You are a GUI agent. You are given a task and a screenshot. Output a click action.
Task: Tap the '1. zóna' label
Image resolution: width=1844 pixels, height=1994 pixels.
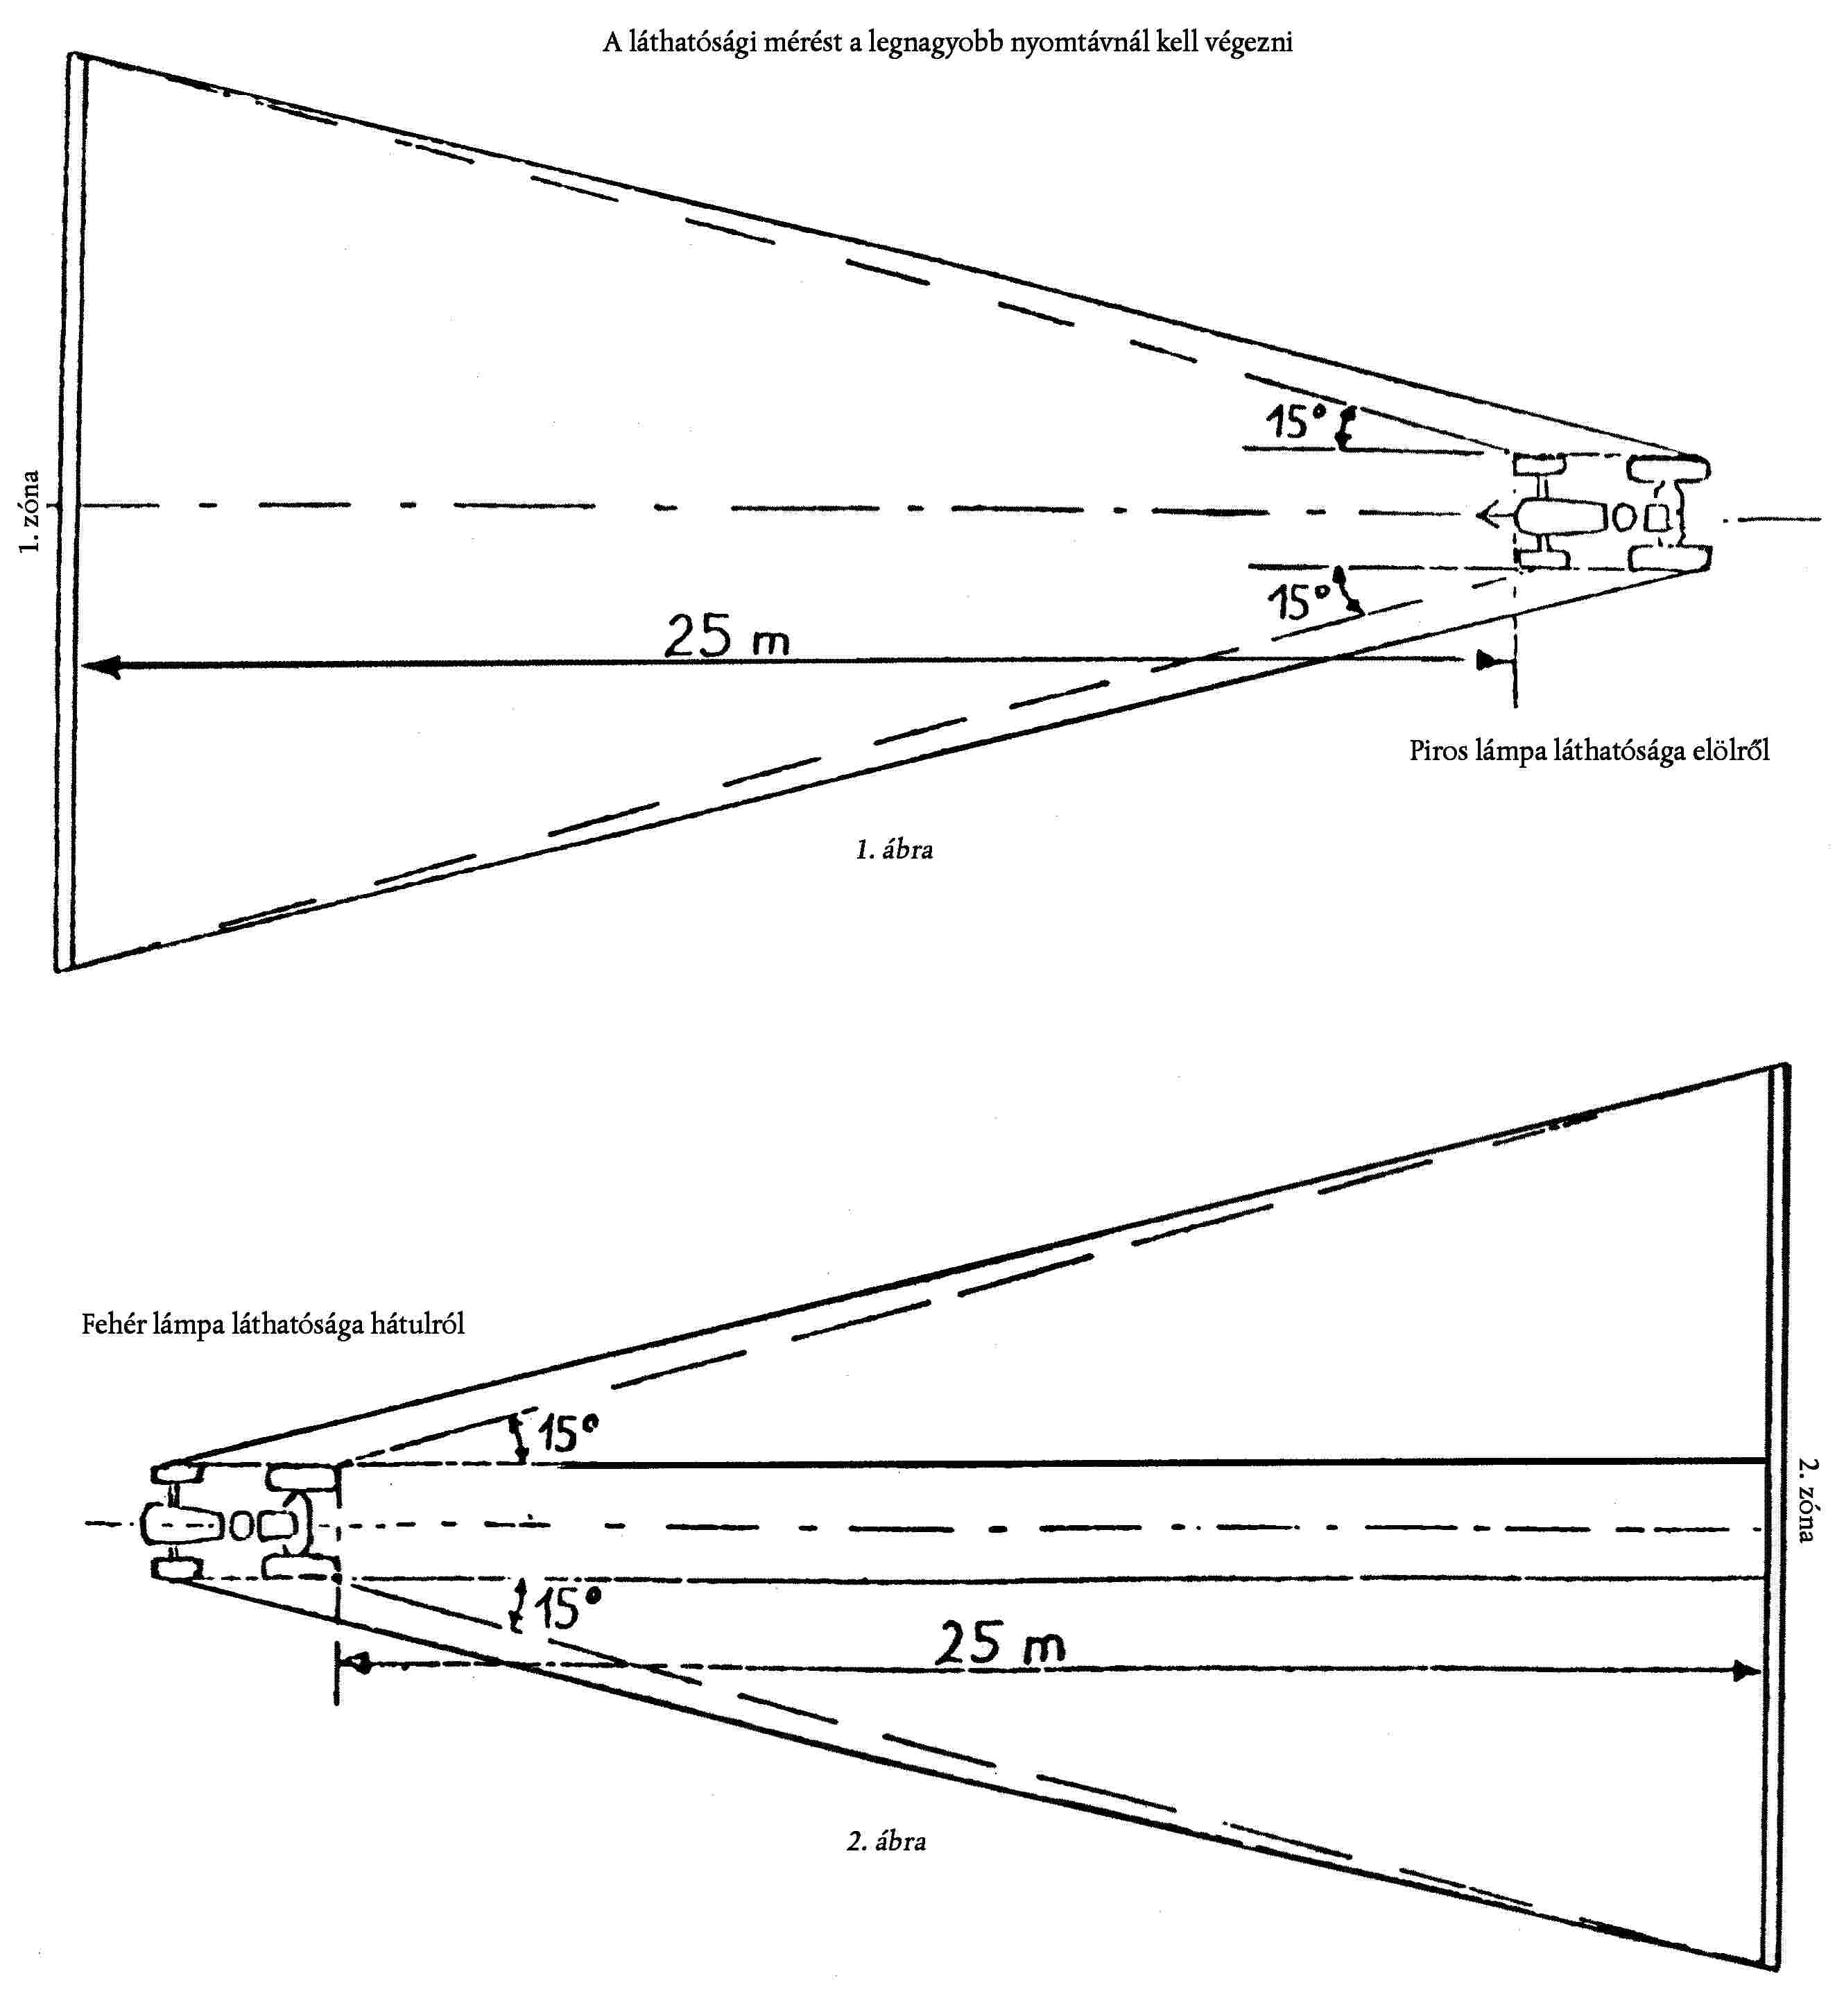[30, 512]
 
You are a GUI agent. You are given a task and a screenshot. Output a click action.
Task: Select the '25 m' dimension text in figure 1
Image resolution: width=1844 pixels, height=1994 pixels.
[726, 636]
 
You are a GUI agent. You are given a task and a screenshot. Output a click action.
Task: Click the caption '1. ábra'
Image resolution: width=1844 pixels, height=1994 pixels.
[894, 850]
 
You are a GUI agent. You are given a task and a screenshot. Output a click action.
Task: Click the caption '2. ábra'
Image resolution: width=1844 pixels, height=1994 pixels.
[886, 1842]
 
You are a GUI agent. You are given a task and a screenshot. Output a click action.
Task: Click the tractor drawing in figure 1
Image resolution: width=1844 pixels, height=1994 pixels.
[1610, 514]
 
